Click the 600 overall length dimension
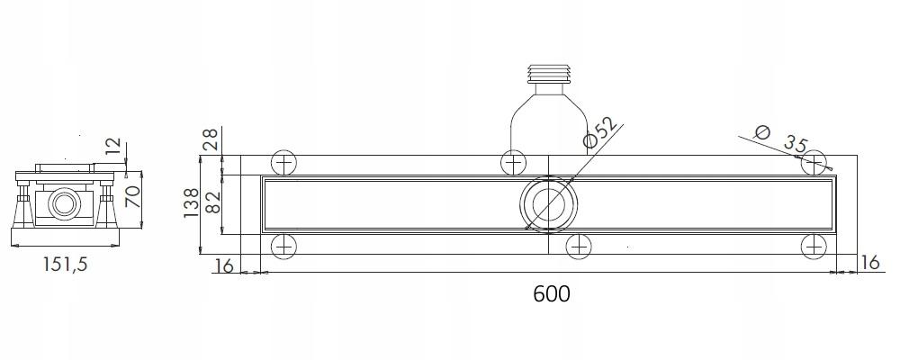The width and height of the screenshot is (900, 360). click(550, 294)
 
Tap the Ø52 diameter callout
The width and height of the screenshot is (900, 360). click(601, 131)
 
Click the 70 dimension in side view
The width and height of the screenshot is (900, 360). click(133, 196)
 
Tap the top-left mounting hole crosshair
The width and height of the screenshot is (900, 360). click(283, 163)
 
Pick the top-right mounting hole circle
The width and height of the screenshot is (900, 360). click(814, 162)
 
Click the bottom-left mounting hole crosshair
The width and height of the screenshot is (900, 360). click(283, 245)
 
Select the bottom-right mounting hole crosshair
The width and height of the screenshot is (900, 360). click(814, 245)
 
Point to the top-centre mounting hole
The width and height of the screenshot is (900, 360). click(514, 163)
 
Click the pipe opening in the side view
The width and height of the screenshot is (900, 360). click(65, 203)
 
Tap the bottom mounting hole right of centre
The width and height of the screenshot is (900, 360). click(578, 245)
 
